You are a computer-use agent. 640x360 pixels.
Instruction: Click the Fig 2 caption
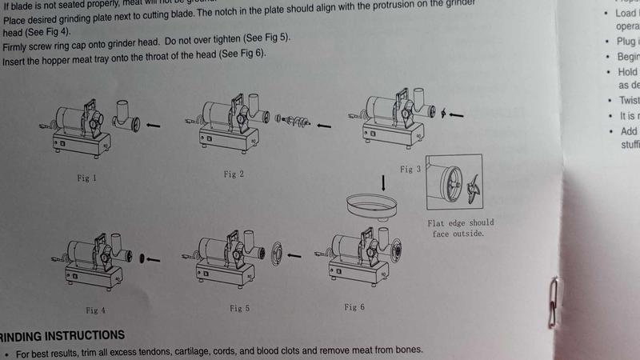coord(230,173)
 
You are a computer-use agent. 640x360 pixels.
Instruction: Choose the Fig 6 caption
coord(356,307)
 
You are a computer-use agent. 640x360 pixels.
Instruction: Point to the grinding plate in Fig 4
coord(141,259)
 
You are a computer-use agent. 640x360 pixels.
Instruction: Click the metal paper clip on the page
coord(553,305)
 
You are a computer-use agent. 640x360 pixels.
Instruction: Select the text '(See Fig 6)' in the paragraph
coord(242,54)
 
